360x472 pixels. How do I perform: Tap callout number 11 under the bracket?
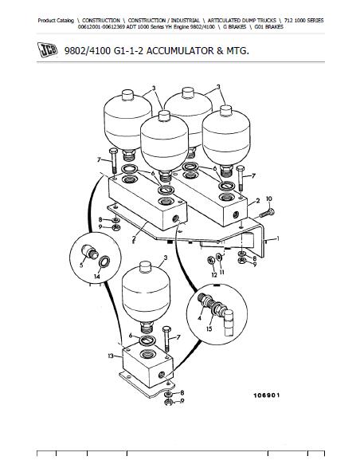coord(221,272)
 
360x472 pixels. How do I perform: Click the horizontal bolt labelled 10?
coord(264,212)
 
